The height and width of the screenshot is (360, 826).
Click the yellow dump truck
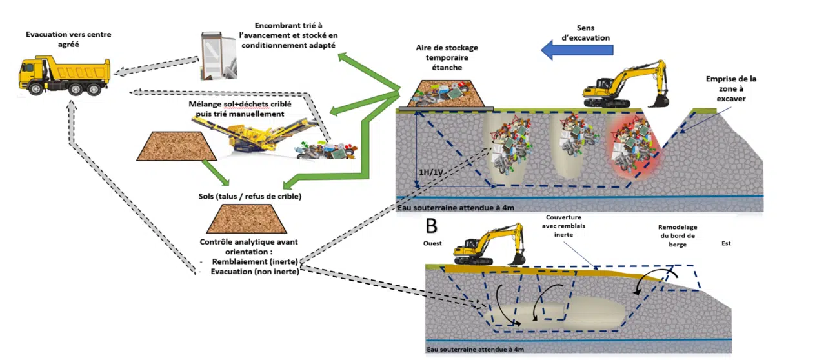point(64,76)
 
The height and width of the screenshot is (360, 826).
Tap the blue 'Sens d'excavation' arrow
point(576,50)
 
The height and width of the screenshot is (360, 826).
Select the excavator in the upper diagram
point(623,86)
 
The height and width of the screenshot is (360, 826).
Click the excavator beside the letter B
point(489,245)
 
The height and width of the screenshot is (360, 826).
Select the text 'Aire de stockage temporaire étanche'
point(447,57)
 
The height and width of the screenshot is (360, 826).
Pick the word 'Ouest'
point(433,245)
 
